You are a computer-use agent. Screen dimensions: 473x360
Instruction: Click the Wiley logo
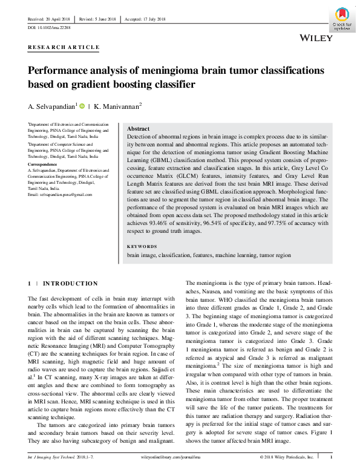coord(316,38)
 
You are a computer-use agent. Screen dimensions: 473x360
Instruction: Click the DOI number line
coord(48,28)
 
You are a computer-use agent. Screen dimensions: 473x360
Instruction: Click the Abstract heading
coord(138,129)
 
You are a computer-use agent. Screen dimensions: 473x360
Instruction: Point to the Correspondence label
coord(45,165)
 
